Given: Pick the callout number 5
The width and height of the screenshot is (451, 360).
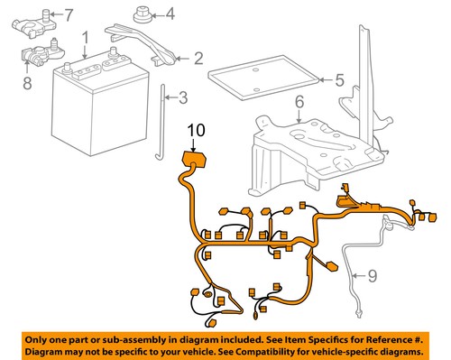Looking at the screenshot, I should (x=339, y=80).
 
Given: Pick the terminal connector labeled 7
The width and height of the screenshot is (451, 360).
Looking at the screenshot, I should (x=33, y=19).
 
